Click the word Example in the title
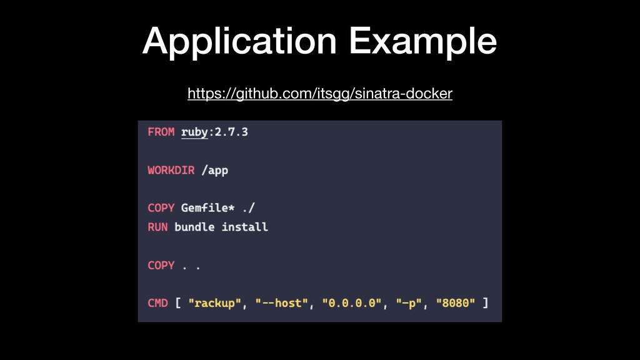coord(423,41)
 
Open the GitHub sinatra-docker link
coord(319,94)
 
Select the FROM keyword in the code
coord(161,132)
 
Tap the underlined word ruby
coord(194,132)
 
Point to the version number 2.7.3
coord(231,132)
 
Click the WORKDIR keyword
coord(171,171)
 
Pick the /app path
coord(214,171)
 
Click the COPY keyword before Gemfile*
coord(161,208)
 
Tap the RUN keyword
coord(157,227)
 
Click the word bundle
coord(194,227)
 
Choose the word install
coord(244,227)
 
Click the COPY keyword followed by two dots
coord(161,265)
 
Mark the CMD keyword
coord(157,303)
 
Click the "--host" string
coord(281,303)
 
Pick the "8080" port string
coord(456,303)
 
